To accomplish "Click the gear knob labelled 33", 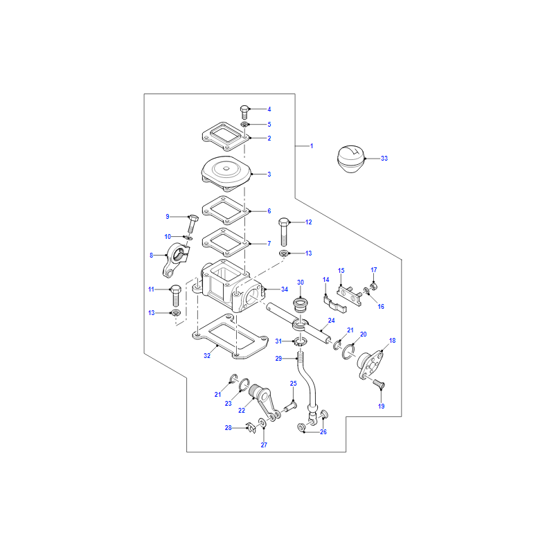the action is [x=351, y=159].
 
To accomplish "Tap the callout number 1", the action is [x=311, y=146].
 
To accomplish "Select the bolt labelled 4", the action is [x=244, y=112].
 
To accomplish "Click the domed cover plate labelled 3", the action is [x=226, y=172].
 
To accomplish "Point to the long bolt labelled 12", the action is [x=284, y=232].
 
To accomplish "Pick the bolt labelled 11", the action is [x=176, y=296].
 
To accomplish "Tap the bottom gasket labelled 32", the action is [x=230, y=337].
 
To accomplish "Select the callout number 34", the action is [x=285, y=289].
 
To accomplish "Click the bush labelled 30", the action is [x=301, y=305].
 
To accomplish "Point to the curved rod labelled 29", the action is [x=307, y=385].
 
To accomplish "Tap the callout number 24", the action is [x=331, y=321].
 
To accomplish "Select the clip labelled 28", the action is [x=251, y=428].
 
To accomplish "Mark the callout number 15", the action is [x=341, y=271].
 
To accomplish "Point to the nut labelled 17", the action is [x=373, y=286].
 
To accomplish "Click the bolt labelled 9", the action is [x=192, y=224].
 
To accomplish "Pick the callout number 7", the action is [x=269, y=244].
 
